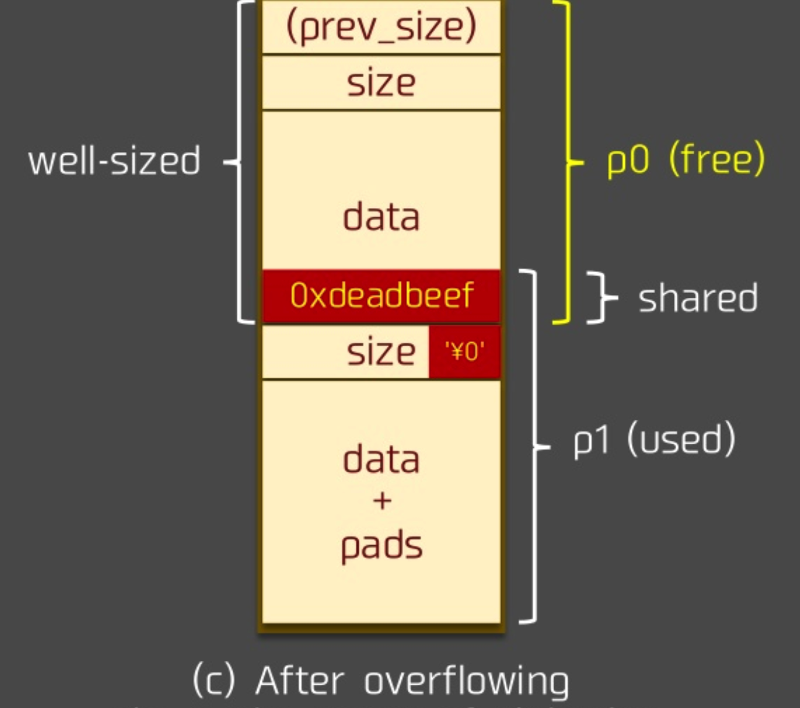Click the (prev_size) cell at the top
pos(381,28)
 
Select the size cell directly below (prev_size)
pos(381,83)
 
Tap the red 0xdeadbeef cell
pos(381,295)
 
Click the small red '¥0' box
pos(465,352)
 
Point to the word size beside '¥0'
pos(381,352)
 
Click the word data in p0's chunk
pos(381,216)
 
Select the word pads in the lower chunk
pos(381,545)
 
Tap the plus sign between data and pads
pos(381,500)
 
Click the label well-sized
pos(114,161)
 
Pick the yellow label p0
pos(627,160)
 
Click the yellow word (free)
pos(716,159)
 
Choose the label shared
pos(698,298)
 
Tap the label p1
pos(591,441)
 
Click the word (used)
pos(681,440)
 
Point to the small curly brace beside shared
pos(601,297)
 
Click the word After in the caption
pos(300,680)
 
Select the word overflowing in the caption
pos(466,682)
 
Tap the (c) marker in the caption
pos(213,680)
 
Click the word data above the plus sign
pos(381,460)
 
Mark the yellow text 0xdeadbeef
pos(381,295)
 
